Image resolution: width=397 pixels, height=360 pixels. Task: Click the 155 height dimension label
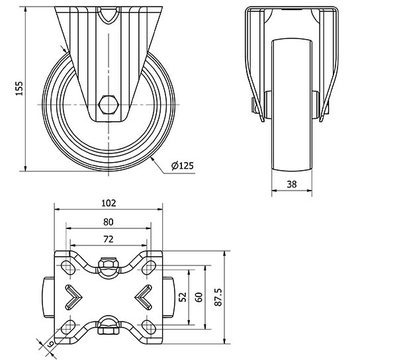19,89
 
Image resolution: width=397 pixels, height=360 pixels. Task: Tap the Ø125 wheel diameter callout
183,165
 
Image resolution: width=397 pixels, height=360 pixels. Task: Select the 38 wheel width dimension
292,184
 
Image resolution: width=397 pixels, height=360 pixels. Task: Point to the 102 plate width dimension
109,203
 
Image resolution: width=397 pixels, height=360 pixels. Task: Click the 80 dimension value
109,222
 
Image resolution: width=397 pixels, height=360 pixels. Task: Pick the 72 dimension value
109,239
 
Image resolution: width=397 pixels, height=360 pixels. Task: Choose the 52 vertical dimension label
183,297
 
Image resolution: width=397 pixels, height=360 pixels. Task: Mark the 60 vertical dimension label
199,297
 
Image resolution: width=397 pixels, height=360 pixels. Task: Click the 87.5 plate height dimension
218,297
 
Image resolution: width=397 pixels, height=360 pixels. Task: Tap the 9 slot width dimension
50,344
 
